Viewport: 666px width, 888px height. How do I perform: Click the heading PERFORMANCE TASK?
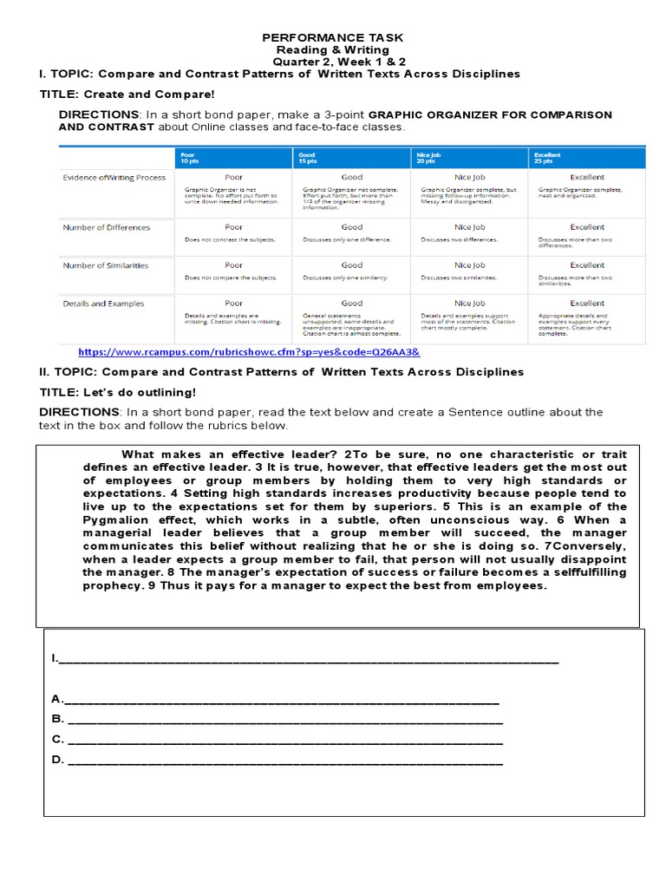click(333, 38)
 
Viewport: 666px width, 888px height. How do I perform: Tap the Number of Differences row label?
click(106, 227)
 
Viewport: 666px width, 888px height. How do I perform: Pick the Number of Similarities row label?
click(106, 265)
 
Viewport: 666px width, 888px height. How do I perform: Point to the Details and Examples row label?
click(103, 304)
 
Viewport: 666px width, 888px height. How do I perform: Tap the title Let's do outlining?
click(118, 392)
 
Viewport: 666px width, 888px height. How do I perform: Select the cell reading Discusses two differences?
click(460, 239)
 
